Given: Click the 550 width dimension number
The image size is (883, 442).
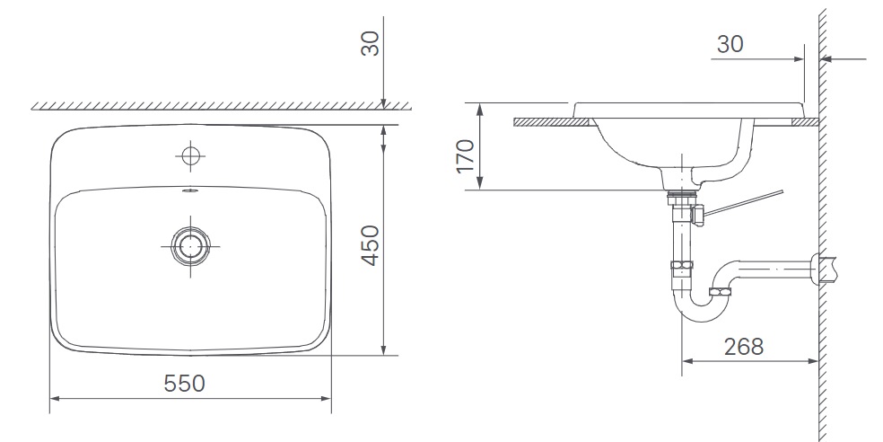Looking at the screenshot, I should (185, 383).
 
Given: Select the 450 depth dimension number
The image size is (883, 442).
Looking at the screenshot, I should (370, 244).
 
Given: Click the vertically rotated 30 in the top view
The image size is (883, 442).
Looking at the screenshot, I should (370, 41).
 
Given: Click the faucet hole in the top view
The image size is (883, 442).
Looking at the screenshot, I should (189, 155).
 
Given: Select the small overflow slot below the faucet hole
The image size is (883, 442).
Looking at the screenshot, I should (189, 190).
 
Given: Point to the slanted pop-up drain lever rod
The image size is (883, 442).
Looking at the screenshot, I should (745, 202).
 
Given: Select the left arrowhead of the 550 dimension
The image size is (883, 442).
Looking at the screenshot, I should (54, 396).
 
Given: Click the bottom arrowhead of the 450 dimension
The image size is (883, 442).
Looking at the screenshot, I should (383, 349).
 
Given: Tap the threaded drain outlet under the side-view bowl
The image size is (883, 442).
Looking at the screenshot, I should (683, 191).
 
